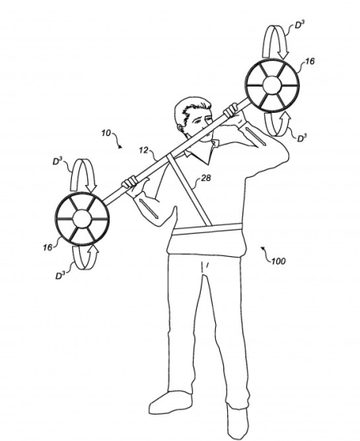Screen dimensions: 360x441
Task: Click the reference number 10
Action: click(106, 133)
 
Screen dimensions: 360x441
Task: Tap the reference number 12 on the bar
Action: click(143, 150)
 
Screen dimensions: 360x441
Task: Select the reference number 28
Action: click(206, 178)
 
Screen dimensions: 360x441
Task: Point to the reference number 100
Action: click(278, 261)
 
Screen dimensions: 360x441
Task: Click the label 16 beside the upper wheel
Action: click(310, 62)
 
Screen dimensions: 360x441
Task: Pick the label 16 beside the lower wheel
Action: click(47, 247)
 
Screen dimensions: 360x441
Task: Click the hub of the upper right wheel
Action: click(272, 85)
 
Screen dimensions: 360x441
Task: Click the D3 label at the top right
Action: click(299, 25)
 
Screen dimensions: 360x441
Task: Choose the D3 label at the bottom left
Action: click(61, 275)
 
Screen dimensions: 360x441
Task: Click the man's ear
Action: click(180, 128)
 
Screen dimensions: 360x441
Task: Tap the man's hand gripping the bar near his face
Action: click(231, 110)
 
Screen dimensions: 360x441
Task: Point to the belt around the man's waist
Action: click(207, 229)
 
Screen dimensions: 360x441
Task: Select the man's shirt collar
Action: click(202, 152)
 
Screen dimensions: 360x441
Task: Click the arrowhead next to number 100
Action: click(263, 248)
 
